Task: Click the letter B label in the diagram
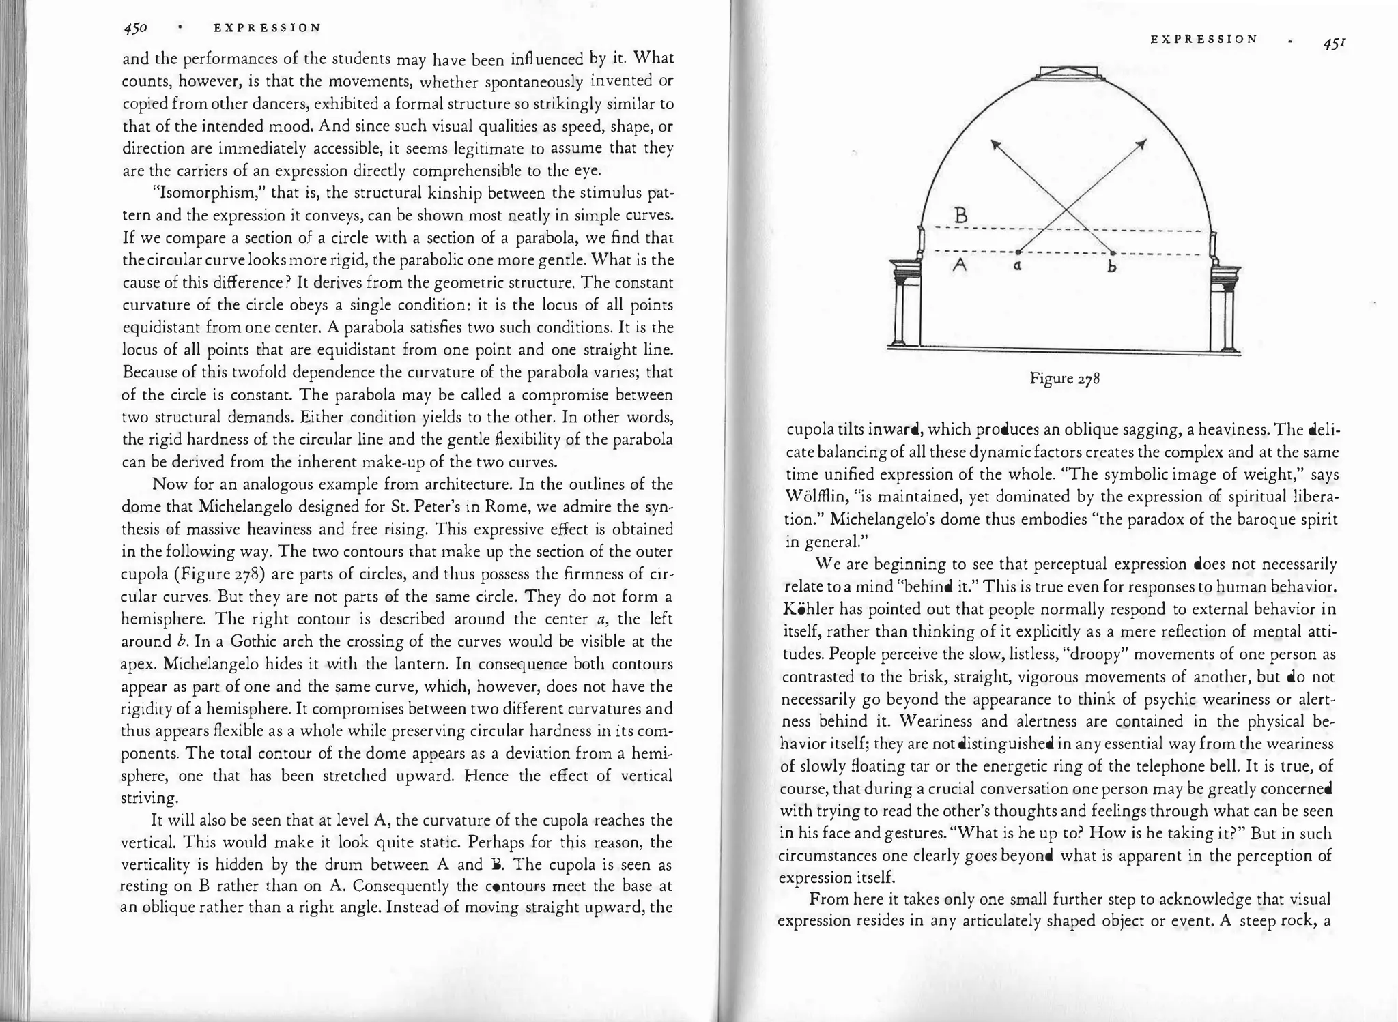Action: [960, 216]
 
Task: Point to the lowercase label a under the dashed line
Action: [1017, 267]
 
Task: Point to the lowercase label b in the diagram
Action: [1111, 267]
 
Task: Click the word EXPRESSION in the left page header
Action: [267, 28]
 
